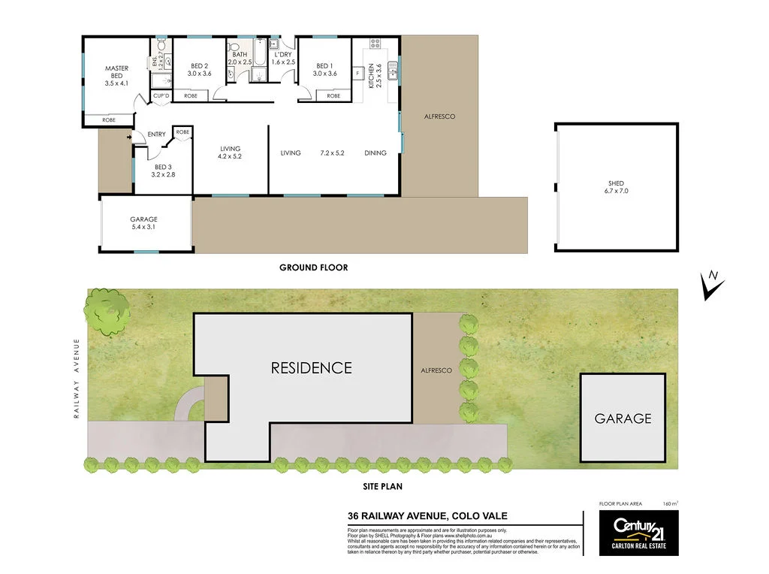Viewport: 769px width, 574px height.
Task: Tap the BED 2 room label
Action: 199,66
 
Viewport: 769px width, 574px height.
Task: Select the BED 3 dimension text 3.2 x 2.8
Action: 163,174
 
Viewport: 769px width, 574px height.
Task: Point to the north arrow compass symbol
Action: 712,285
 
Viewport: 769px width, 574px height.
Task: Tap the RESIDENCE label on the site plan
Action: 311,368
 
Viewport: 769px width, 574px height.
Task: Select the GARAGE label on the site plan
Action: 623,418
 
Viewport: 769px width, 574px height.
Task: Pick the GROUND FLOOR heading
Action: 313,267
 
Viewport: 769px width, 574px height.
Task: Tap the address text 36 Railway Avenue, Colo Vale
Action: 427,515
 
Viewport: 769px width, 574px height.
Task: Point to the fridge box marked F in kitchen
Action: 357,73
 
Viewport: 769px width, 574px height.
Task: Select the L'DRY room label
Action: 282,55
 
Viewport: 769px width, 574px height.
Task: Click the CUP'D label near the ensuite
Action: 161,96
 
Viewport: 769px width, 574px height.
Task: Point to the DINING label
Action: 375,153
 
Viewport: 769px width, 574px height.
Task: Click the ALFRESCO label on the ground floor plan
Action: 439,116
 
